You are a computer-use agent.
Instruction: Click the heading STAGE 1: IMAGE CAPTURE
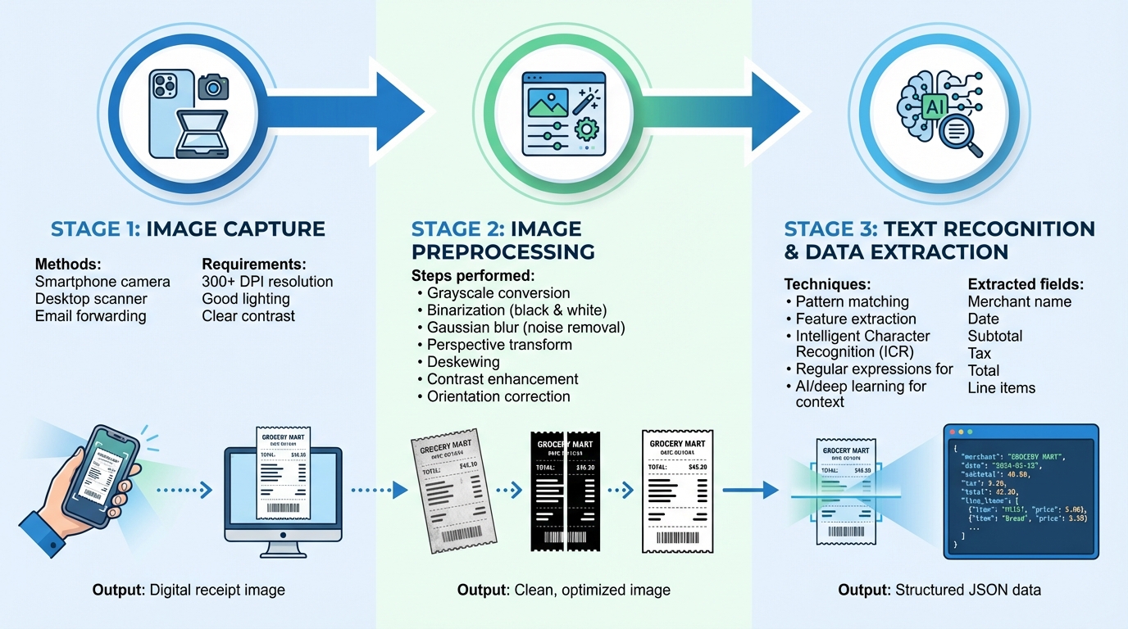tap(188, 229)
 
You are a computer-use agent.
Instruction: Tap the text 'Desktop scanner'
tap(91, 299)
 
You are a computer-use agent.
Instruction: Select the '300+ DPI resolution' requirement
tap(267, 282)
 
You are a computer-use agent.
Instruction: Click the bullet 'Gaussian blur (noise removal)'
tap(525, 328)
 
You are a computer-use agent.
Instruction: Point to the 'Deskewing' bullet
tap(463, 362)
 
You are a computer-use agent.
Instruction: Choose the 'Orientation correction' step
tap(498, 396)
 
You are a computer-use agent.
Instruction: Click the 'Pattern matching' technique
tap(852, 301)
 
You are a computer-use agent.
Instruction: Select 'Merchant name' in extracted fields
tap(1019, 301)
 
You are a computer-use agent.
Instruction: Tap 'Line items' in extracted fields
tap(1001, 387)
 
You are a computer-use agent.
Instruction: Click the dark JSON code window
tap(1021, 491)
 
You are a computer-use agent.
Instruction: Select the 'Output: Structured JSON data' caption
tap(939, 590)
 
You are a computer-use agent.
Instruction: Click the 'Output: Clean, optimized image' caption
tap(563, 590)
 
